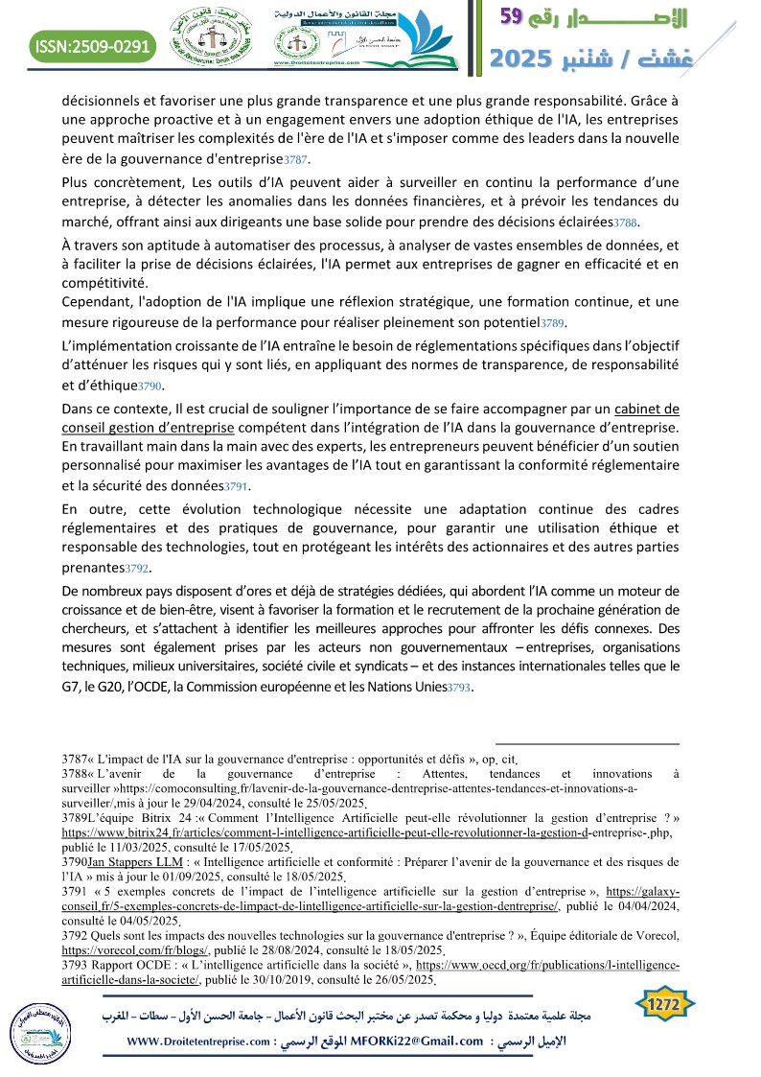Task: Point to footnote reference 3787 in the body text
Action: coord(297,159)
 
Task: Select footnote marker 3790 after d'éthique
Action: coord(150,386)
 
